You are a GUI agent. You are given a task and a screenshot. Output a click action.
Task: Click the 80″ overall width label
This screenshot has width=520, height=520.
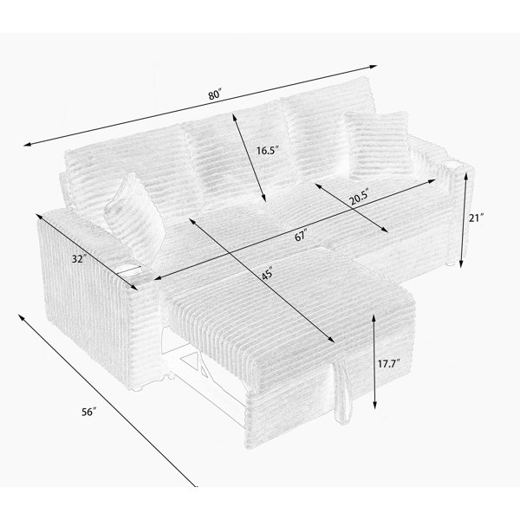click(x=215, y=94)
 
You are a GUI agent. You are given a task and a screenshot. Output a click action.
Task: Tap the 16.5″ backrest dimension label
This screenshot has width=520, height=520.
click(x=267, y=151)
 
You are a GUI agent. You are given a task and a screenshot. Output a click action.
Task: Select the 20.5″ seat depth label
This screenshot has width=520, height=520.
click(x=359, y=199)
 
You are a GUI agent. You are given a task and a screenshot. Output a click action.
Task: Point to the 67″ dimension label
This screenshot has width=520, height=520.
click(x=301, y=236)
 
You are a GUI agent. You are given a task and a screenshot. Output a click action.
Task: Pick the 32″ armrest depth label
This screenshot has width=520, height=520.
click(x=79, y=258)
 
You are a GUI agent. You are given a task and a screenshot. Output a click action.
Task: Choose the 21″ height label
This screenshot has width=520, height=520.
click(x=477, y=218)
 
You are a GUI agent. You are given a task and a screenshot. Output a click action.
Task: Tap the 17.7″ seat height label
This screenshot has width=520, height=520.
click(x=388, y=364)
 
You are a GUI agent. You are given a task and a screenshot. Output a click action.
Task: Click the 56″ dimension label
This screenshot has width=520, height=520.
click(x=89, y=412)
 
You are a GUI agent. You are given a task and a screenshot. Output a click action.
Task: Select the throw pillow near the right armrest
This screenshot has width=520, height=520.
click(x=379, y=145)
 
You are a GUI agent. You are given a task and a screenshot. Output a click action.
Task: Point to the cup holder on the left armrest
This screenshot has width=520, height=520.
click(x=130, y=270)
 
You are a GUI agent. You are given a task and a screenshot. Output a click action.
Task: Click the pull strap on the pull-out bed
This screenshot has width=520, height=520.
click(x=343, y=392)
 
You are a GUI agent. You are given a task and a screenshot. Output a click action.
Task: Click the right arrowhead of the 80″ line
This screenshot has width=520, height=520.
click(x=374, y=67)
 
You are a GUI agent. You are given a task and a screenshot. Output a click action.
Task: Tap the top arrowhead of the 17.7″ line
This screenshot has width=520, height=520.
click(x=374, y=318)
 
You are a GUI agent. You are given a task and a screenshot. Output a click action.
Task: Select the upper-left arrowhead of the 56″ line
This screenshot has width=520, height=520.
click(x=21, y=317)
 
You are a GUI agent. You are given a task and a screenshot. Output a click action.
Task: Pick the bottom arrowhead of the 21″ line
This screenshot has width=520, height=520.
click(x=461, y=264)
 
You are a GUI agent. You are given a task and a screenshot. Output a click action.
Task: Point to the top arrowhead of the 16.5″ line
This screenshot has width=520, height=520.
click(x=235, y=117)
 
